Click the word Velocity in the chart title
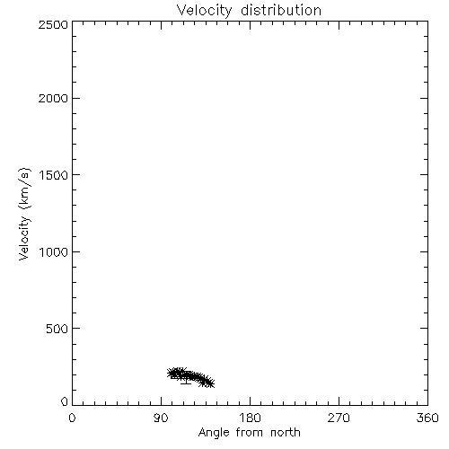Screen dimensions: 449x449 click(205, 11)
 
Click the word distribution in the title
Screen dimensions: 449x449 click(281, 10)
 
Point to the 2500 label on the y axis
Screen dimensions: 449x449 click(53, 24)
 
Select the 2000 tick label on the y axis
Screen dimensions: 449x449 click(53, 99)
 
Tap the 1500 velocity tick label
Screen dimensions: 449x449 click(54, 175)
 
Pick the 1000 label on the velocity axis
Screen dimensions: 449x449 click(54, 252)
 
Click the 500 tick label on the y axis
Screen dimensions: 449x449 click(57, 329)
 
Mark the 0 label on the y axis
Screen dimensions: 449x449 click(65, 401)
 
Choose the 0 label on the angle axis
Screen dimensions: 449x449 click(72, 418)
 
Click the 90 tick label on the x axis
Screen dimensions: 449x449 click(161, 418)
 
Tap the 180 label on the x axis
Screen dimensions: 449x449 click(250, 418)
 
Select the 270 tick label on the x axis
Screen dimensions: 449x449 click(339, 418)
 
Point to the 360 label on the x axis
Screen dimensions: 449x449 click(427, 418)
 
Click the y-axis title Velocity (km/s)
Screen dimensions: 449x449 click(24, 214)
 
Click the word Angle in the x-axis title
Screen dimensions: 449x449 click(214, 433)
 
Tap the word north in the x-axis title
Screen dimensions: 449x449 click(286, 433)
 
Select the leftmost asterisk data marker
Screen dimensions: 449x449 click(172, 373)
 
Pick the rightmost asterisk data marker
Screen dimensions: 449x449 click(210, 383)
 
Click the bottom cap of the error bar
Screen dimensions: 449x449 click(186, 383)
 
